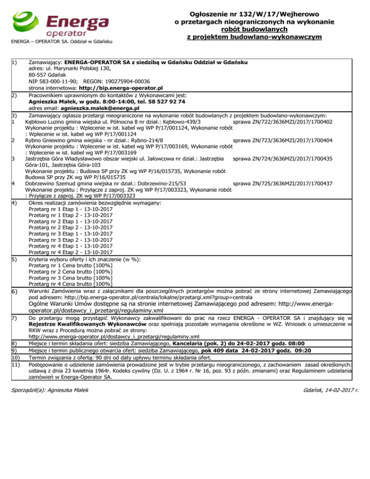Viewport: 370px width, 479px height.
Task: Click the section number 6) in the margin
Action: (x=15, y=292)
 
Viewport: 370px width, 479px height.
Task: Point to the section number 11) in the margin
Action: (x=16, y=358)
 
